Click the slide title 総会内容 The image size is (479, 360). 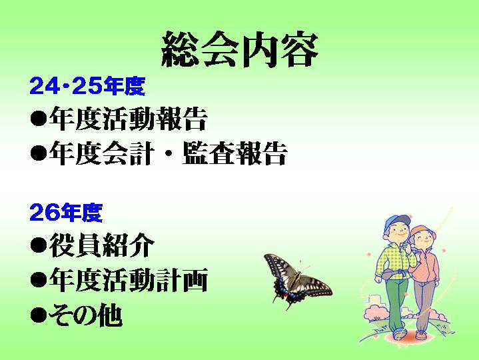click(240, 49)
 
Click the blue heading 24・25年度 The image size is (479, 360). click(87, 85)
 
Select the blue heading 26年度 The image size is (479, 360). click(66, 213)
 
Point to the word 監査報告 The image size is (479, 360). click(235, 153)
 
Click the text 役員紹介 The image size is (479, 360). click(101, 245)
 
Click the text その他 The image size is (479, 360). click(85, 315)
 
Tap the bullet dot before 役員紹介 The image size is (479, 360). click(39, 245)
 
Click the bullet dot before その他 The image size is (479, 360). click(39, 315)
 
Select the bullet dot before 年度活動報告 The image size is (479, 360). click(39, 118)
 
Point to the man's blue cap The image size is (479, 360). click(396, 221)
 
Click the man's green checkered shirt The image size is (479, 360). click(394, 260)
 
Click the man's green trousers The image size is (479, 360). click(397, 303)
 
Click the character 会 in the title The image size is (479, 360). click(220, 49)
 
